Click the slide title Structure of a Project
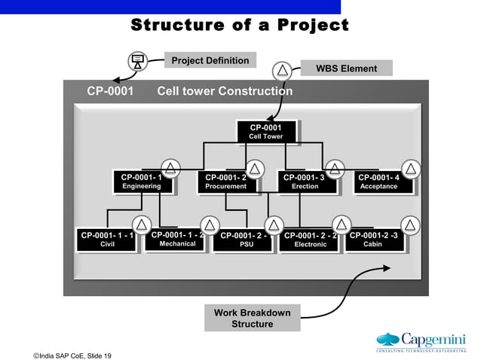click(x=240, y=26)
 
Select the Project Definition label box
click(x=210, y=60)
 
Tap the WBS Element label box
click(x=346, y=69)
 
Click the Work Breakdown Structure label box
click(x=252, y=318)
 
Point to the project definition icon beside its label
click(x=137, y=61)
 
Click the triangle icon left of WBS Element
click(x=282, y=71)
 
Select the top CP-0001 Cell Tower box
click(x=265, y=132)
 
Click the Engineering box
click(x=141, y=182)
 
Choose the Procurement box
click(x=225, y=182)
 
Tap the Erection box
click(x=305, y=182)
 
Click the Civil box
click(x=107, y=239)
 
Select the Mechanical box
click(x=177, y=239)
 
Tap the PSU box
click(x=246, y=240)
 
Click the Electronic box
click(x=310, y=240)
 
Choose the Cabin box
click(x=373, y=239)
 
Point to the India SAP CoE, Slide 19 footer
click(x=72, y=355)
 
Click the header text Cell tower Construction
click(x=225, y=92)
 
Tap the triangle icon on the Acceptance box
click(x=411, y=169)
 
